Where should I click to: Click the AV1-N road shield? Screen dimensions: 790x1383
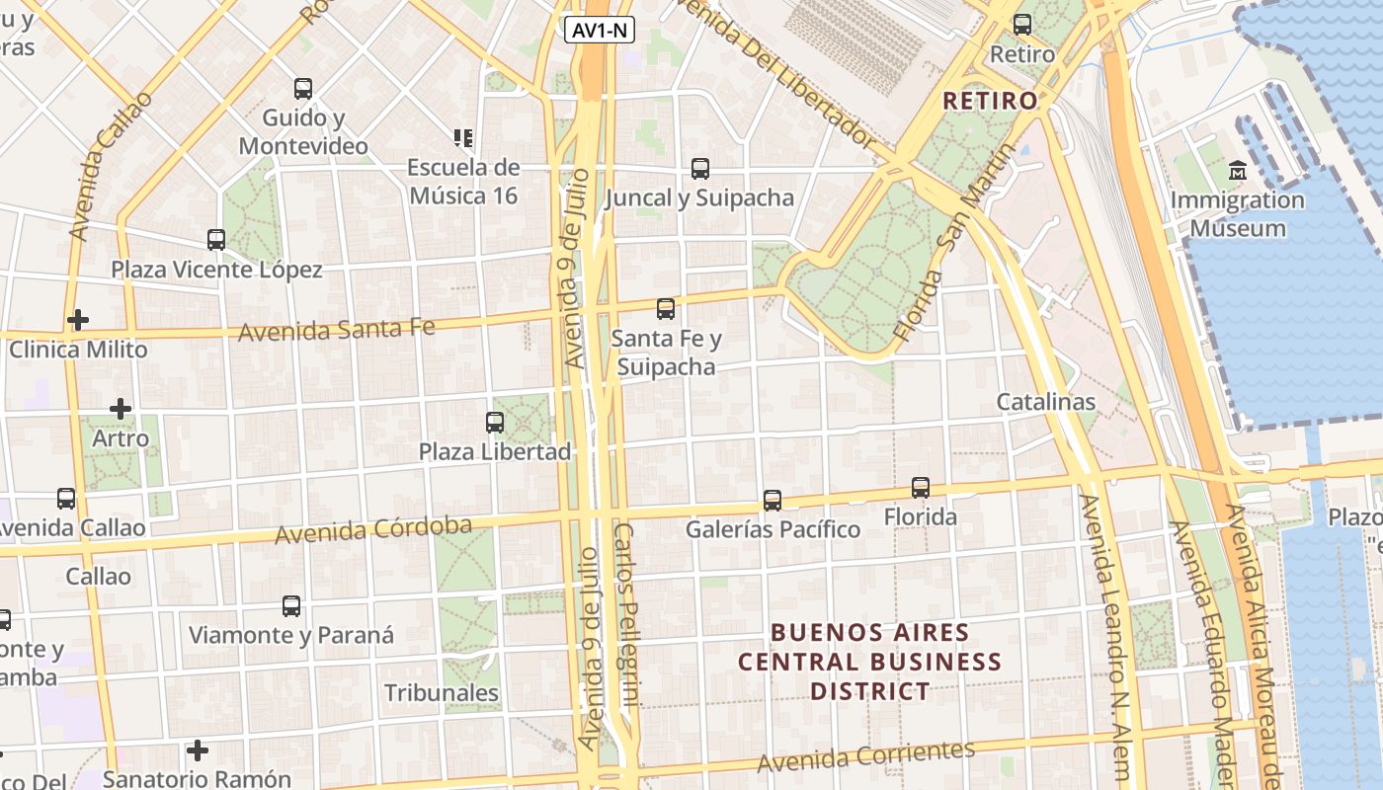[x=600, y=30]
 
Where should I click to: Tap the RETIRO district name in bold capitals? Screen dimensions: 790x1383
[x=990, y=101]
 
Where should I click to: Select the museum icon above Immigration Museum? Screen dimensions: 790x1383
[x=1237, y=171]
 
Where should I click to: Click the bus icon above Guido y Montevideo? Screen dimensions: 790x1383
[x=303, y=89]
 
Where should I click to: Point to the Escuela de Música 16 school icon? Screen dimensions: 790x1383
[x=462, y=138]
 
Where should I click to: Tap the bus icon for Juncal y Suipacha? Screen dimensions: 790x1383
[x=700, y=169]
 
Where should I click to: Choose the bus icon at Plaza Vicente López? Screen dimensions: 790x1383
[x=216, y=240]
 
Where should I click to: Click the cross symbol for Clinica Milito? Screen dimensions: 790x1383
[x=78, y=320]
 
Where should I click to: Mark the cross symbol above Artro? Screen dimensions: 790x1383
[x=121, y=409]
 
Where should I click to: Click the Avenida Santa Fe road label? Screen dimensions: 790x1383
[x=336, y=328]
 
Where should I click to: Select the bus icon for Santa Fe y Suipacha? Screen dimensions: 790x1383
[x=666, y=309]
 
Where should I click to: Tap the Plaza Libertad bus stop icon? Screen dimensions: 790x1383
[x=495, y=423]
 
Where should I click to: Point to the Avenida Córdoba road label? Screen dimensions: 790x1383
[x=373, y=530]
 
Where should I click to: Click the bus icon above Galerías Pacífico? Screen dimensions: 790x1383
[x=773, y=501]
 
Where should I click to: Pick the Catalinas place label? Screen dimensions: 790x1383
[x=1045, y=402]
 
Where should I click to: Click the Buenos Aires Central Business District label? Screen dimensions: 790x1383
[x=870, y=662]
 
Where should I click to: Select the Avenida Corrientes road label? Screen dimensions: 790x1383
[x=866, y=756]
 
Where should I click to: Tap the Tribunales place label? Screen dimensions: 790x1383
[x=442, y=693]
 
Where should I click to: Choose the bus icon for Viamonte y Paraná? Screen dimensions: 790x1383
[x=291, y=606]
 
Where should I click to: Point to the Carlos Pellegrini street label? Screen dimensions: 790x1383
[x=626, y=612]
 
